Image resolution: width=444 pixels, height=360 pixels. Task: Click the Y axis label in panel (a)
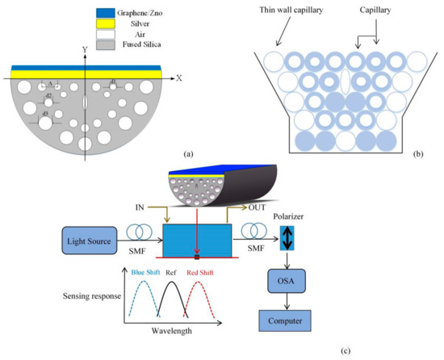(x=84, y=49)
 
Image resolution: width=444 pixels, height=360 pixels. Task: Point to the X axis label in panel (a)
(x=178, y=78)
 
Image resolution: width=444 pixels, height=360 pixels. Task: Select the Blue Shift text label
(x=145, y=272)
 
